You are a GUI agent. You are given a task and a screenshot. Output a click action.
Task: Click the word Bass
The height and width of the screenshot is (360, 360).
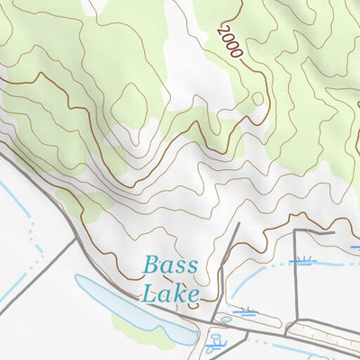(163, 267)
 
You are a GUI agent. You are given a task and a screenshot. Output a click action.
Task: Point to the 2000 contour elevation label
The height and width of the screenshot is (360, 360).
(229, 42)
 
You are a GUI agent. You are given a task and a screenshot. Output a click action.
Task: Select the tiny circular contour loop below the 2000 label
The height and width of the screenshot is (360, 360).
(257, 98)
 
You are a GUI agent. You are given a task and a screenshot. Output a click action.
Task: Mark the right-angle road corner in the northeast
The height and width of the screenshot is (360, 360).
(296, 233)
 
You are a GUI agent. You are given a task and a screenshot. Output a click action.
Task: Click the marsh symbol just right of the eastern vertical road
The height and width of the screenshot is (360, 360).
(303, 262)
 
